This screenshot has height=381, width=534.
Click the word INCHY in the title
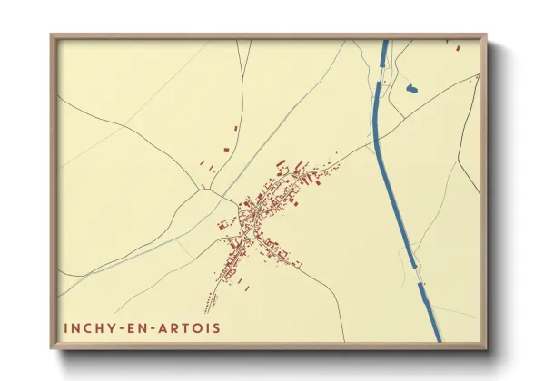[89, 327]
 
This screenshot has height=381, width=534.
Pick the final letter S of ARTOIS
[215, 327]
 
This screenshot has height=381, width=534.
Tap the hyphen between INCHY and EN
[124, 327]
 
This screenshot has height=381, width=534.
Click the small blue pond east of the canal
[411, 88]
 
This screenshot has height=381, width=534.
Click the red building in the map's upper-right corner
[459, 47]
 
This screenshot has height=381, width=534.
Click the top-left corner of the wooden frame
[52, 35]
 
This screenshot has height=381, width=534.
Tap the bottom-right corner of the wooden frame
[486, 347]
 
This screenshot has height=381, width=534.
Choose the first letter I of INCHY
[65, 327]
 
